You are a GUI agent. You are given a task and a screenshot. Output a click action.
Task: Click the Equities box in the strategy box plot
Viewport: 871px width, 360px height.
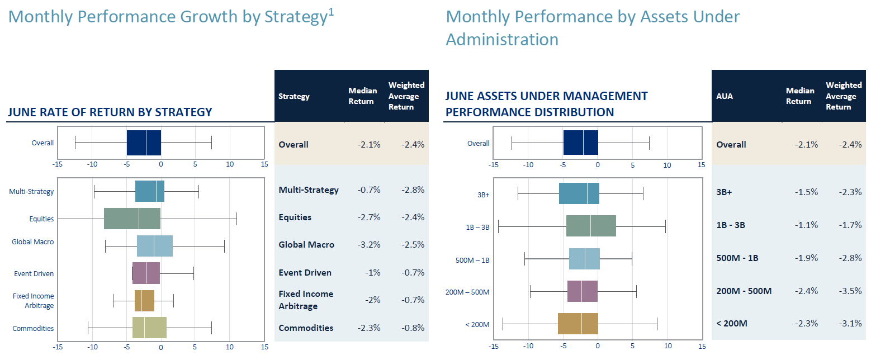[x=132, y=219]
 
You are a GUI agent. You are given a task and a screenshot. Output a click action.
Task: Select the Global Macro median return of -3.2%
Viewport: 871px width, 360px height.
[x=368, y=245]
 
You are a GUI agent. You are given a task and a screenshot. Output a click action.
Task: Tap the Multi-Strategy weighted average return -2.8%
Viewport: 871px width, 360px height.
[x=413, y=190]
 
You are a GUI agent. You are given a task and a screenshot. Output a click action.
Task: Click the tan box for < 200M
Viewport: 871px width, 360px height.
[x=577, y=324]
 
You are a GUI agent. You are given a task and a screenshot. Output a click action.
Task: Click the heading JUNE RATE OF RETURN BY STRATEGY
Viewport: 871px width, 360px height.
[x=110, y=112]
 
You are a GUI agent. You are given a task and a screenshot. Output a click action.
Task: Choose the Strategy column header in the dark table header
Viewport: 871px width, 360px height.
[x=294, y=96]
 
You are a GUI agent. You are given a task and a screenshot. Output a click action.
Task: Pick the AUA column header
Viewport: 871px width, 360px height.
[x=725, y=96]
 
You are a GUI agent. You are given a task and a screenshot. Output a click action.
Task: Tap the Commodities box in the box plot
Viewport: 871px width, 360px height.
[x=149, y=328]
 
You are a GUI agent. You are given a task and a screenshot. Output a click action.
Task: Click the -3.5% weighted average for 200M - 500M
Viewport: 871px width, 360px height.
[x=850, y=291]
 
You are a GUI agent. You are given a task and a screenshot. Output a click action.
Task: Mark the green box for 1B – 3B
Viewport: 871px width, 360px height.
[x=591, y=226]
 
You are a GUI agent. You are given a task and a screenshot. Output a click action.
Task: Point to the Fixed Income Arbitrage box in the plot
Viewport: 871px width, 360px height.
[x=144, y=301]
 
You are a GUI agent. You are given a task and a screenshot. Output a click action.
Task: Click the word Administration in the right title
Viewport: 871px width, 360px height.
[x=502, y=40]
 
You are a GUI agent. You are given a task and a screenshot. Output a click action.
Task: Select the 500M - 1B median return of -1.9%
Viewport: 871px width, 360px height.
[x=806, y=258]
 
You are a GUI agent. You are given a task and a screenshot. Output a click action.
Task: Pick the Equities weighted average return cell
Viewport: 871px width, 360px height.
[x=413, y=217]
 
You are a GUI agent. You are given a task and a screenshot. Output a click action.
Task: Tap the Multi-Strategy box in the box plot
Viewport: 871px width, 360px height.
[x=149, y=191]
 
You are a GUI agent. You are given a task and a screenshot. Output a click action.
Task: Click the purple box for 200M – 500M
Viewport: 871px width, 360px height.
[x=583, y=291]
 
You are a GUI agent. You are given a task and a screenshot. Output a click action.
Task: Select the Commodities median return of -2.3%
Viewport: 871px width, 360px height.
[x=368, y=328]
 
